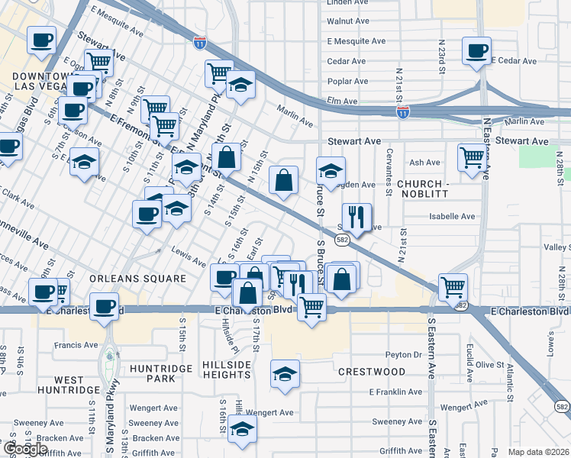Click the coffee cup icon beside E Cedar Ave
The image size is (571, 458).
(477, 51)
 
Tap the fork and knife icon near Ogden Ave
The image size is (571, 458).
(356, 218)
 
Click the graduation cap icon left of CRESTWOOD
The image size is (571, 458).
(285, 374)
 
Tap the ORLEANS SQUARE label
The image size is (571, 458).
(137, 279)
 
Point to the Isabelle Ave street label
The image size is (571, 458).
(452, 217)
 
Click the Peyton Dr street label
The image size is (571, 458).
(403, 355)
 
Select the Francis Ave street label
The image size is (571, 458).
(76, 345)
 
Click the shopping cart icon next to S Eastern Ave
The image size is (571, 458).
(453, 287)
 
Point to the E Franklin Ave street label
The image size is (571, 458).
(395, 392)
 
